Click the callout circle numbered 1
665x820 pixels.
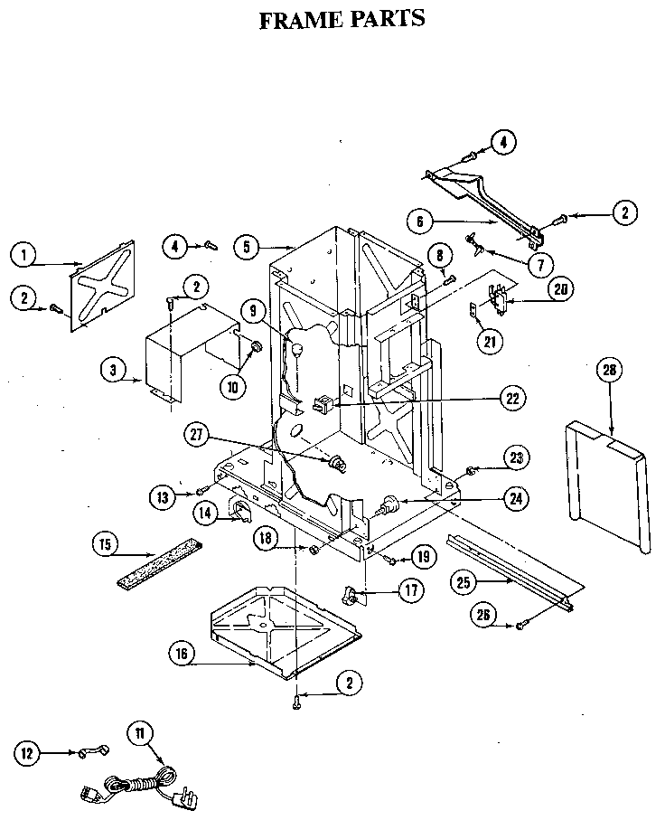25,256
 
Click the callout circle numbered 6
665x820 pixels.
422,220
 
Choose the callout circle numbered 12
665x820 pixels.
29,751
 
